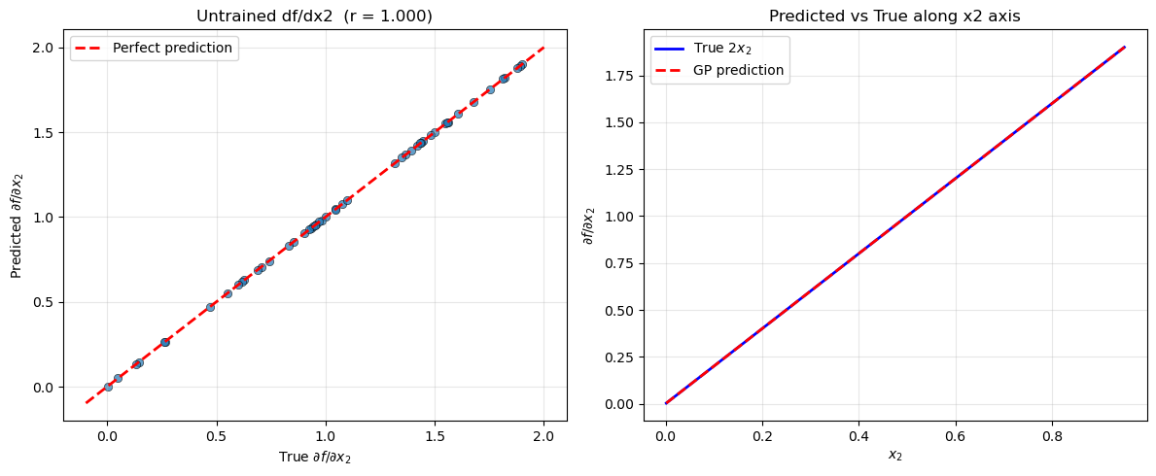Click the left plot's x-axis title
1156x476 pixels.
pos(315,458)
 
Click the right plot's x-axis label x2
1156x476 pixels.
pos(894,455)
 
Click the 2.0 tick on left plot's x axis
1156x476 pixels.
pos(543,437)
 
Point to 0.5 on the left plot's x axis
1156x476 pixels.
pos(216,437)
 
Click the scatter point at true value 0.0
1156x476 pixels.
pos(107,387)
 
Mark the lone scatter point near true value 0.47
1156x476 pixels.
pos(210,307)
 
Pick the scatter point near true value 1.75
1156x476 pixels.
pos(490,89)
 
